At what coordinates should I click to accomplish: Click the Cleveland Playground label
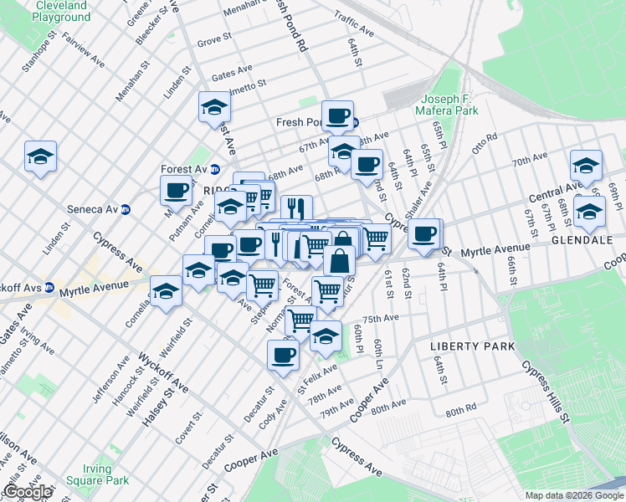click(63, 11)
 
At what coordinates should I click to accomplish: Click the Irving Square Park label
click(105, 474)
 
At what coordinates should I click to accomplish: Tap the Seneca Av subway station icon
click(126, 209)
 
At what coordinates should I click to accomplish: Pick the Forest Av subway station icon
click(215, 169)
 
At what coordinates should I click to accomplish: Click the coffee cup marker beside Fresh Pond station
click(337, 115)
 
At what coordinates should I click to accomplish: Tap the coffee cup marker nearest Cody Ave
click(283, 355)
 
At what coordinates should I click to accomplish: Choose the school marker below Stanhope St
click(40, 156)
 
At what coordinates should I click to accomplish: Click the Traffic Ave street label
click(354, 17)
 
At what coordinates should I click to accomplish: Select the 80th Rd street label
click(460, 412)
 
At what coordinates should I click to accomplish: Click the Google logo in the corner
click(27, 492)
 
